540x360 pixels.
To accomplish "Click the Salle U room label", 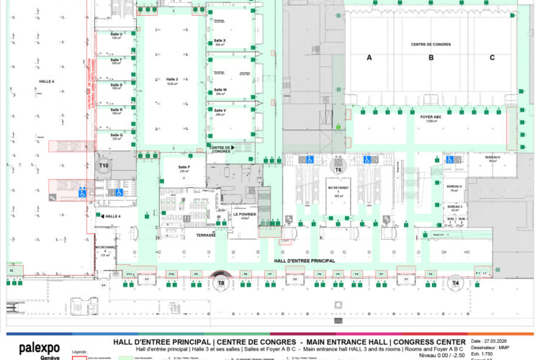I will (116, 35).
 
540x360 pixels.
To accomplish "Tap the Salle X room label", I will (220, 41).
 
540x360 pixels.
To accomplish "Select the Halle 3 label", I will (171, 80).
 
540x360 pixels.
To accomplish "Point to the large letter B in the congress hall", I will (431, 58).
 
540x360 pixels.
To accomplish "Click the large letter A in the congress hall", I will (369, 58).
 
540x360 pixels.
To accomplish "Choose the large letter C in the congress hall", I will (492, 58).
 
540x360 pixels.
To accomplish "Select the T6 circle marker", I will (338, 169).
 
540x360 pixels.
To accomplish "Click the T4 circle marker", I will (455, 284).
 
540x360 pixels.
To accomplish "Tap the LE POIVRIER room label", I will (245, 215).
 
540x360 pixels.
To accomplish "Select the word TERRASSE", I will (206, 235).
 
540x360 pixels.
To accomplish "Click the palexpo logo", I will (39, 347).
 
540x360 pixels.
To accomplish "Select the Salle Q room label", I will (116, 135).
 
